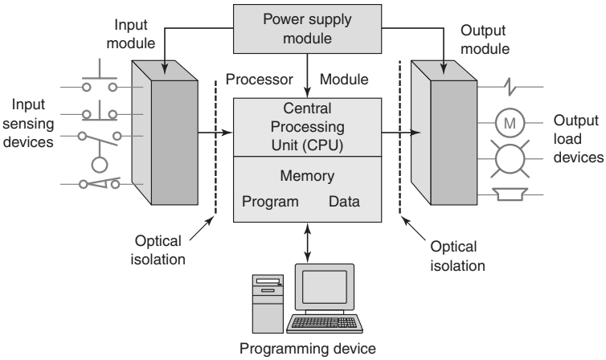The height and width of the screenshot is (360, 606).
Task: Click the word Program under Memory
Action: click(x=272, y=201)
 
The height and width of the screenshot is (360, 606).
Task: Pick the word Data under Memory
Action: click(x=344, y=201)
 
